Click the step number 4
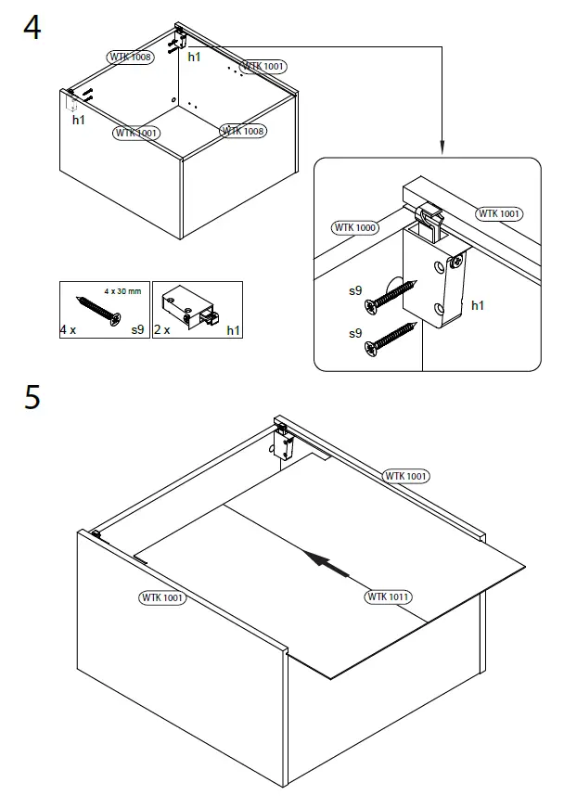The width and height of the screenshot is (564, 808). (32, 28)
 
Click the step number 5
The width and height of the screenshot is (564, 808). (32, 397)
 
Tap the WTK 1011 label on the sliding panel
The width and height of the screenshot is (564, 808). (389, 596)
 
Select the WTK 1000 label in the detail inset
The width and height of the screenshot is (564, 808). (354, 227)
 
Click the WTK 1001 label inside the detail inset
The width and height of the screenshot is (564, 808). (499, 213)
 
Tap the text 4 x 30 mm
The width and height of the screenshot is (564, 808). (122, 291)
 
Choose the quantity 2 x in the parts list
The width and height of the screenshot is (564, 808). (162, 328)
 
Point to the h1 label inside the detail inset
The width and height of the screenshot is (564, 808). (479, 304)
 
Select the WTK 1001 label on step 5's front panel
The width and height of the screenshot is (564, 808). (162, 598)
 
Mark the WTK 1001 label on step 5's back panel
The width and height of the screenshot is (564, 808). (406, 476)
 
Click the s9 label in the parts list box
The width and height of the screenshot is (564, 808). (137, 328)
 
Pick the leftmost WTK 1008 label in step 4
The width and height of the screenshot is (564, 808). (131, 58)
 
